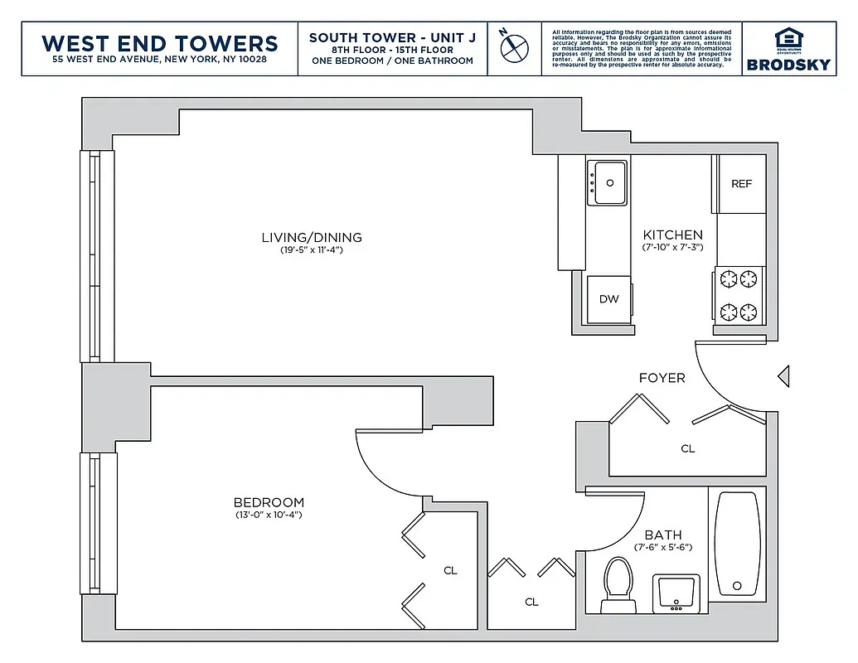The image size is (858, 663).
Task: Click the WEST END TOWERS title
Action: (159, 42)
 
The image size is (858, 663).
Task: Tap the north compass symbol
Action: (514, 47)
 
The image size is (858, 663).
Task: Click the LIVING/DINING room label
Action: (312, 238)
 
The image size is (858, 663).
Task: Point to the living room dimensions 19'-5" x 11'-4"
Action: (312, 249)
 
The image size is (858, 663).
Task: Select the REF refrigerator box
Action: (741, 184)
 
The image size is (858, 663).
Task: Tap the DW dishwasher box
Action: (608, 299)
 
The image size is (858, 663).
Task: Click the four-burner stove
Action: (739, 295)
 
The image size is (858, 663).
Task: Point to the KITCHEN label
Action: (672, 235)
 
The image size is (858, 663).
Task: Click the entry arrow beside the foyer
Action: (783, 377)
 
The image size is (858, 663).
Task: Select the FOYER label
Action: (662, 378)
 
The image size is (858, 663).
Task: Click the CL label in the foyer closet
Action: (687, 448)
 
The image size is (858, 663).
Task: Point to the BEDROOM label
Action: (268, 502)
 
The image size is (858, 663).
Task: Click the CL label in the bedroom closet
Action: (450, 570)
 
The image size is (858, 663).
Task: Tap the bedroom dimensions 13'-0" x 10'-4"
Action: (268, 515)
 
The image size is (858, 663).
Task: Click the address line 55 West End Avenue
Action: (159, 60)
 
